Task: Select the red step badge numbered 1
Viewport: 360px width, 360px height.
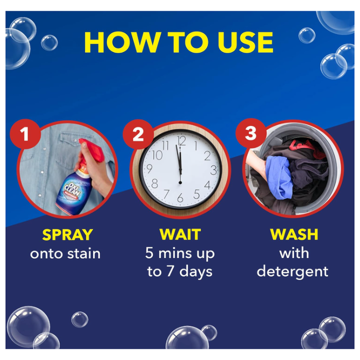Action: [25, 134]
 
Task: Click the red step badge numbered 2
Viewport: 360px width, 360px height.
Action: [138, 134]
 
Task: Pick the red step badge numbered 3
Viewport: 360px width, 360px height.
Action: [250, 133]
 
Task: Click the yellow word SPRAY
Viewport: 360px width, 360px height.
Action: [67, 235]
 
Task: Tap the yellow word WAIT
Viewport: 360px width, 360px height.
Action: [180, 235]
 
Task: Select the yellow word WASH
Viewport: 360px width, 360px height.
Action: [294, 235]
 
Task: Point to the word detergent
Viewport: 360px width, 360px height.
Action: [293, 272]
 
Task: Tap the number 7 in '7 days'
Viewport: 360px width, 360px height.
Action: [170, 271]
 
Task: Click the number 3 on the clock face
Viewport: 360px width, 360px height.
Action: [213, 170]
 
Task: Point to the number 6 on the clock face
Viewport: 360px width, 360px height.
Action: [180, 197]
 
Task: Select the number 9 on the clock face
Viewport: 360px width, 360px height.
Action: [149, 169]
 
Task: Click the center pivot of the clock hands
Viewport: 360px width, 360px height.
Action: [180, 183]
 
